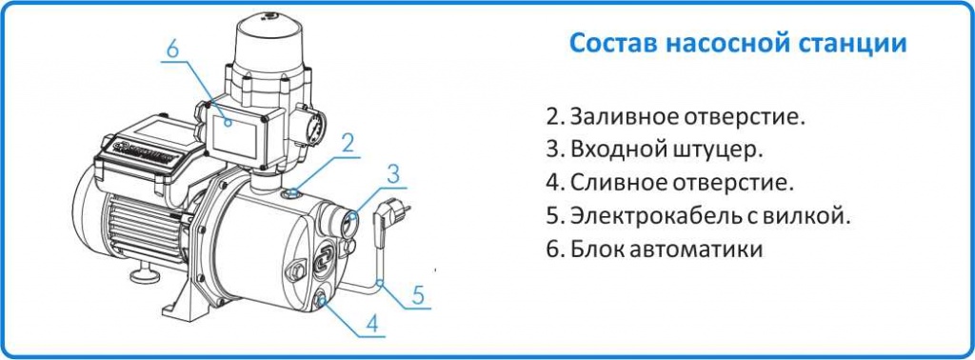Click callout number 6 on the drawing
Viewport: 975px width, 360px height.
click(171, 48)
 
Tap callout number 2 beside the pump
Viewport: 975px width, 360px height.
click(348, 144)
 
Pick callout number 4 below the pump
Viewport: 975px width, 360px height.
click(372, 324)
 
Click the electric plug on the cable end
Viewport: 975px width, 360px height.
click(389, 211)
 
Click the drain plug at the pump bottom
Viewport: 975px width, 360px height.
click(322, 302)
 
